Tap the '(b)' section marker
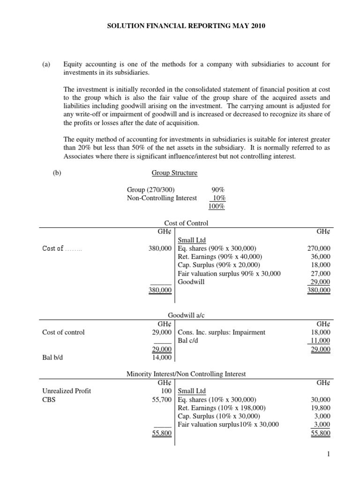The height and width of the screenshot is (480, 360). pos(57,172)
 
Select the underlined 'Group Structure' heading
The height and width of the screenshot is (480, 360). pos(174,172)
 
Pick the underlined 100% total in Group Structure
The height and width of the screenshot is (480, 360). pos(217,206)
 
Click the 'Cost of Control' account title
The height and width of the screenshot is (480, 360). pos(186,223)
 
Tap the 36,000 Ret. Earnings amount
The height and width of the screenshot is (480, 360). pos(321,256)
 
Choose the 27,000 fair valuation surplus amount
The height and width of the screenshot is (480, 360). pos(321,273)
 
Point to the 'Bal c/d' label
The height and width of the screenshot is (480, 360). pos(188,340)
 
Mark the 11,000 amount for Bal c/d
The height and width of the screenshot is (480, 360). pos(321,340)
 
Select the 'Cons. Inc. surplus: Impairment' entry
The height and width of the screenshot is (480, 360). pos(222,332)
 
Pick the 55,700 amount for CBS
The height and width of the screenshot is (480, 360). pos(162,399)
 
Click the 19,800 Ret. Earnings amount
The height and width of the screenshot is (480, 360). pos(321,408)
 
